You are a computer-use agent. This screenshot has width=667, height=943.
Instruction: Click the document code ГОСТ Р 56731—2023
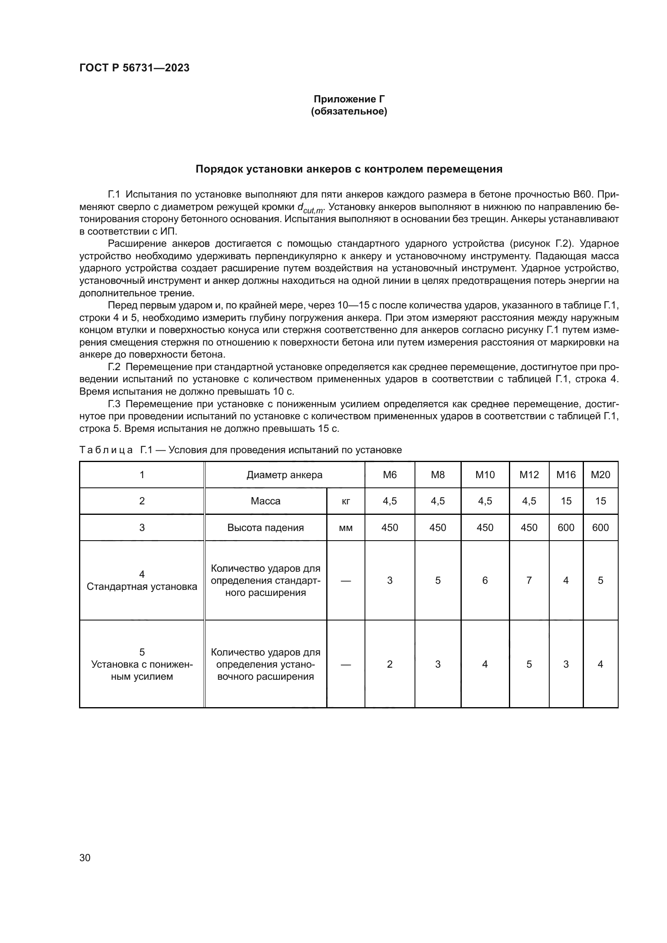[x=134, y=68]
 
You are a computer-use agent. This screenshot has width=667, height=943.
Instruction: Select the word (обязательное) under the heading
[x=349, y=111]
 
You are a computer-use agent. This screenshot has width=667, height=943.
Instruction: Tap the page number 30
[x=85, y=858]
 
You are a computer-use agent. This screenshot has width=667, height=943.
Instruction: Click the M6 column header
[x=390, y=475]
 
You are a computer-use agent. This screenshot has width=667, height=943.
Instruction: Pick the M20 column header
[x=600, y=475]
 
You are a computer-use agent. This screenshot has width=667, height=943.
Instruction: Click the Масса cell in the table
[x=265, y=501]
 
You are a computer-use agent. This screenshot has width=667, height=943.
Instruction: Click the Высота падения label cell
[x=265, y=528]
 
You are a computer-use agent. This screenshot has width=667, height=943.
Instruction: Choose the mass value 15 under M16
[x=566, y=501]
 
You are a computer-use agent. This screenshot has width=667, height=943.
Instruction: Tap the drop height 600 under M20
[x=600, y=528]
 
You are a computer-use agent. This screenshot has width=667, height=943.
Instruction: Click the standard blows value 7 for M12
[x=529, y=580]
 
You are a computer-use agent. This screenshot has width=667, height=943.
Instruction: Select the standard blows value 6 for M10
[x=485, y=580]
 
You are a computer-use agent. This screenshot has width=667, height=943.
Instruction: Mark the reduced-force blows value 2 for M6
[x=390, y=664]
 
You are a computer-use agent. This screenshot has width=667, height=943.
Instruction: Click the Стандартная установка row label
[x=142, y=587]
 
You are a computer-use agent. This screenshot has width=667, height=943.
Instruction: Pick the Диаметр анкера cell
[x=284, y=475]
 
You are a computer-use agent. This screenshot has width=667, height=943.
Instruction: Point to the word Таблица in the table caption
[x=106, y=450]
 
